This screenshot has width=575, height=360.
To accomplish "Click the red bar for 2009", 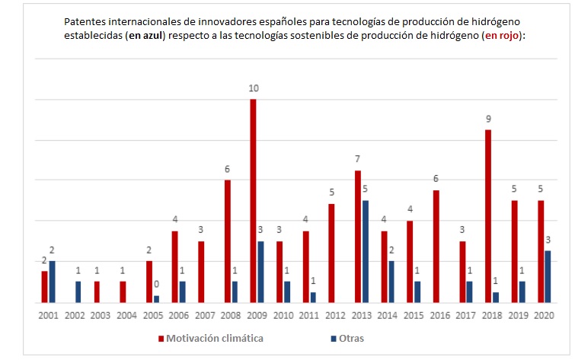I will [x=253, y=201].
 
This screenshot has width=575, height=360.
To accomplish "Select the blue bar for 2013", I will [x=366, y=251].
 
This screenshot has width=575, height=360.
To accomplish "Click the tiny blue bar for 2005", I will [x=156, y=298].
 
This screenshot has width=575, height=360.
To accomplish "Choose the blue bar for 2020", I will [x=548, y=276].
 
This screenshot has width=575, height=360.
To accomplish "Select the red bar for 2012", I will [x=331, y=253].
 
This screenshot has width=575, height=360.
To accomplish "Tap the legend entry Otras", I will [x=350, y=338].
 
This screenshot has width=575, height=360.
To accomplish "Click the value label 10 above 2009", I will [x=253, y=89].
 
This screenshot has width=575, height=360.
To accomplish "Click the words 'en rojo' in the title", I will [x=506, y=34].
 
